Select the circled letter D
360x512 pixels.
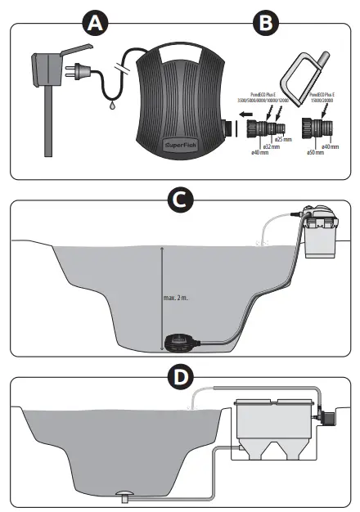[179, 378]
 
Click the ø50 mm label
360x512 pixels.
[316, 152]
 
